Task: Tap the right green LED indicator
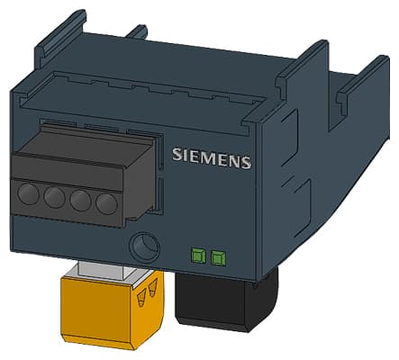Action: point(217,259)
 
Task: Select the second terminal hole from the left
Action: point(55,198)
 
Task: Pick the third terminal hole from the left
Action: point(82,201)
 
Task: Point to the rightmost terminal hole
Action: point(107,203)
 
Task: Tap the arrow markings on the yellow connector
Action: point(147,292)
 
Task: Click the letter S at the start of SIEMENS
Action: point(177,154)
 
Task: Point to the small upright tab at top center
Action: point(136,32)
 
